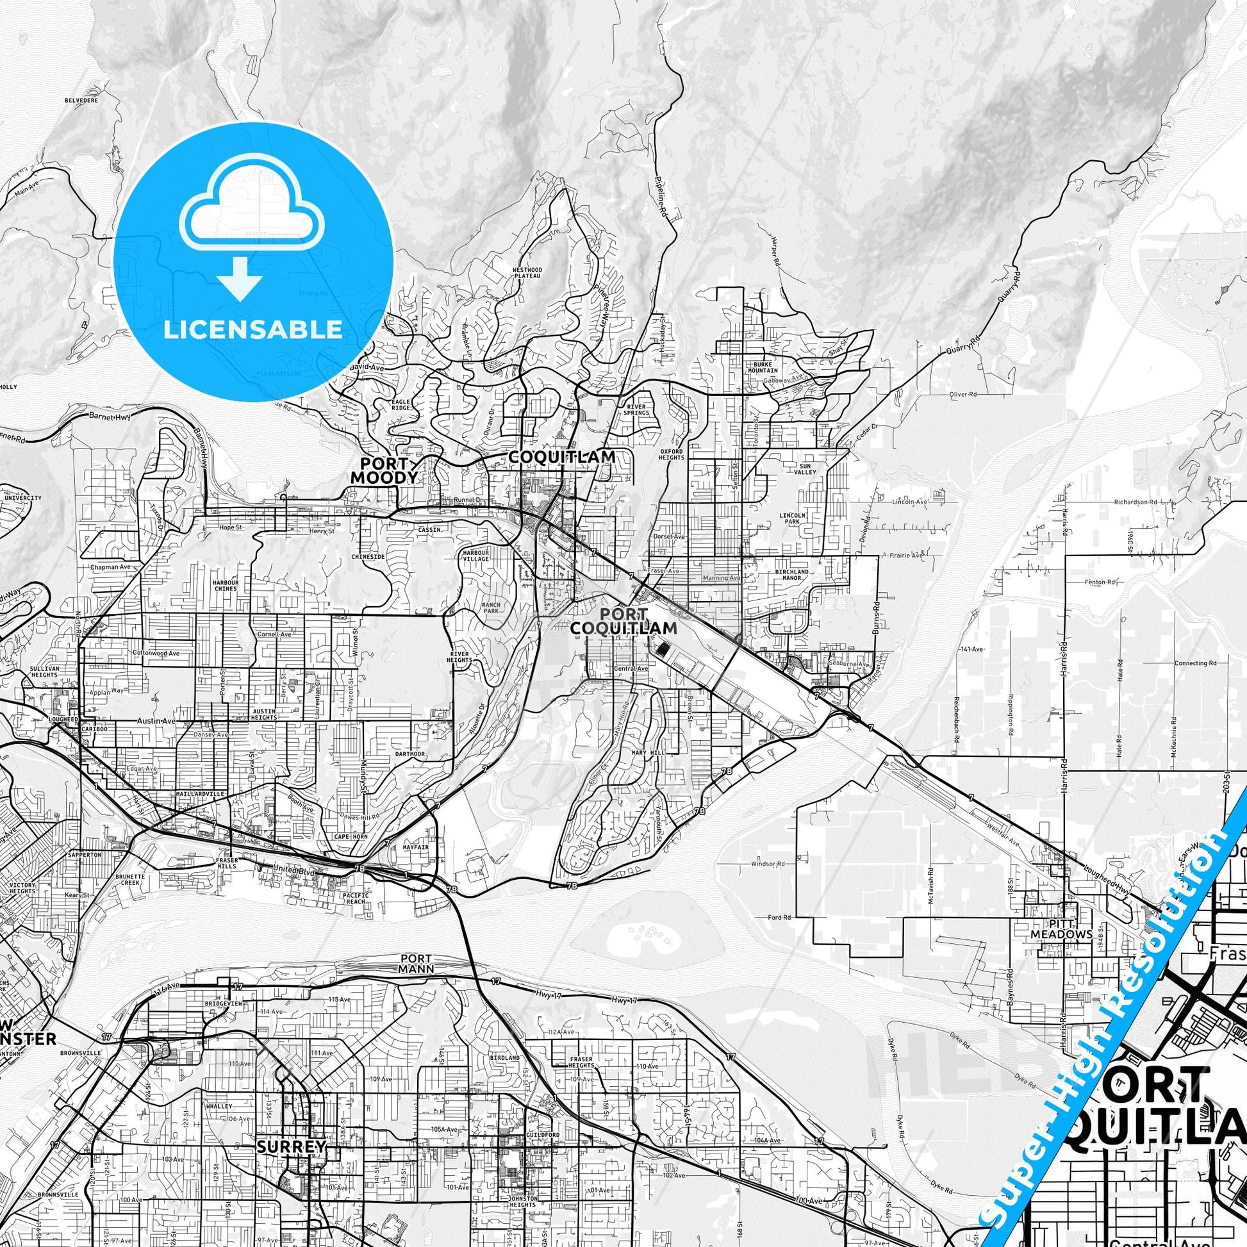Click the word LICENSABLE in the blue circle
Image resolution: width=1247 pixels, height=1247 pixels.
tap(253, 329)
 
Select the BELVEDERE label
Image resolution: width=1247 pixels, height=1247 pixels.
tap(81, 101)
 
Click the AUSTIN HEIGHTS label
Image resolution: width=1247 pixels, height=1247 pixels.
tap(264, 713)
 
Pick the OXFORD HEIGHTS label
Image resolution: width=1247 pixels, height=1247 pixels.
tap(672, 454)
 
